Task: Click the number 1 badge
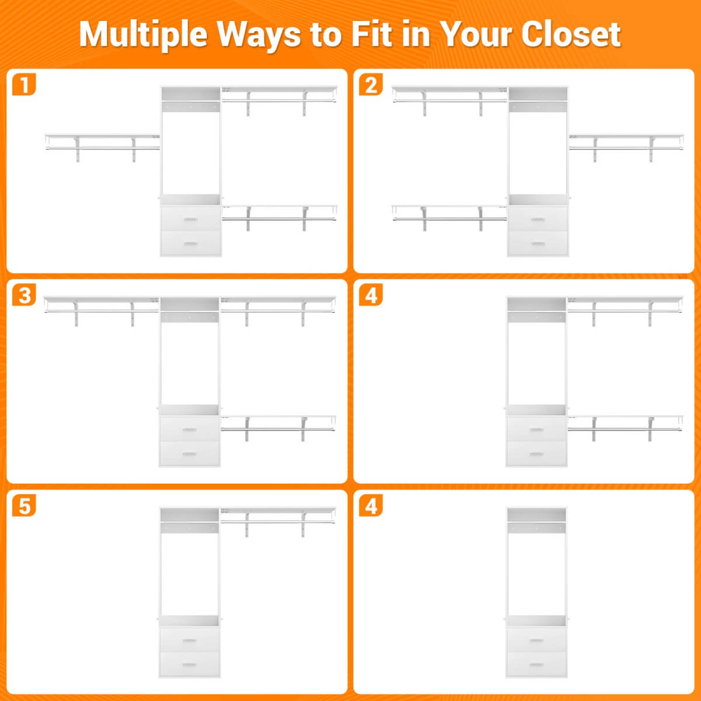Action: [x=24, y=85]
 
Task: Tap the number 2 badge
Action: [x=371, y=85]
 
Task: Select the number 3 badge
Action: [x=24, y=295]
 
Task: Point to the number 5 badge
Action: [x=24, y=505]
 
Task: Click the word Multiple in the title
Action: [x=143, y=35]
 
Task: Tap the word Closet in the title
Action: [x=571, y=34]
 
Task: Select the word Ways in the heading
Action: [x=259, y=36]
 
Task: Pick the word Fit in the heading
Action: [x=371, y=34]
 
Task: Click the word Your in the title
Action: [x=475, y=34]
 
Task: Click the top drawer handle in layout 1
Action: [x=190, y=220]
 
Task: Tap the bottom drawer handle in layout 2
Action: [x=537, y=244]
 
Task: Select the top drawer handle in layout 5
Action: [x=189, y=640]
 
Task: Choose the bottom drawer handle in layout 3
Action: [x=189, y=454]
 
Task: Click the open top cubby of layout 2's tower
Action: [x=537, y=94]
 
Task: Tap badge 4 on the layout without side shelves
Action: [x=371, y=505]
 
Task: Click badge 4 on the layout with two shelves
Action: [x=371, y=295]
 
